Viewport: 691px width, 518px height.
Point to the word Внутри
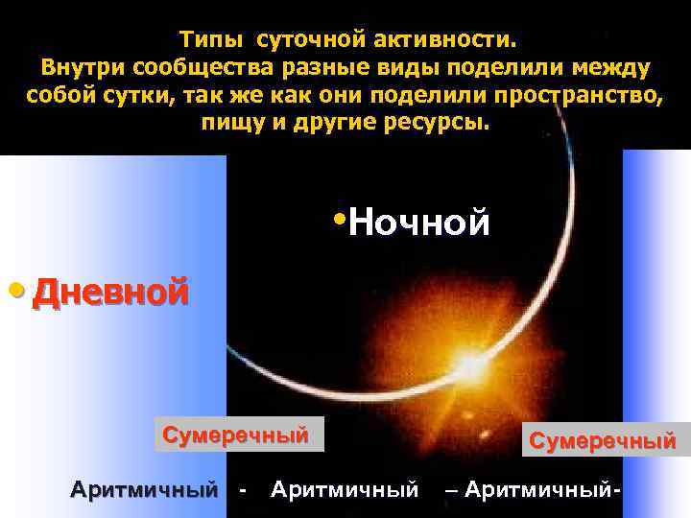click(x=82, y=70)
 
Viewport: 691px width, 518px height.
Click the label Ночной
click(x=419, y=223)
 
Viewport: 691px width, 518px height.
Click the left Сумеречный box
click(x=236, y=435)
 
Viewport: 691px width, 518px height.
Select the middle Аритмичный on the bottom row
click(x=345, y=490)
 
